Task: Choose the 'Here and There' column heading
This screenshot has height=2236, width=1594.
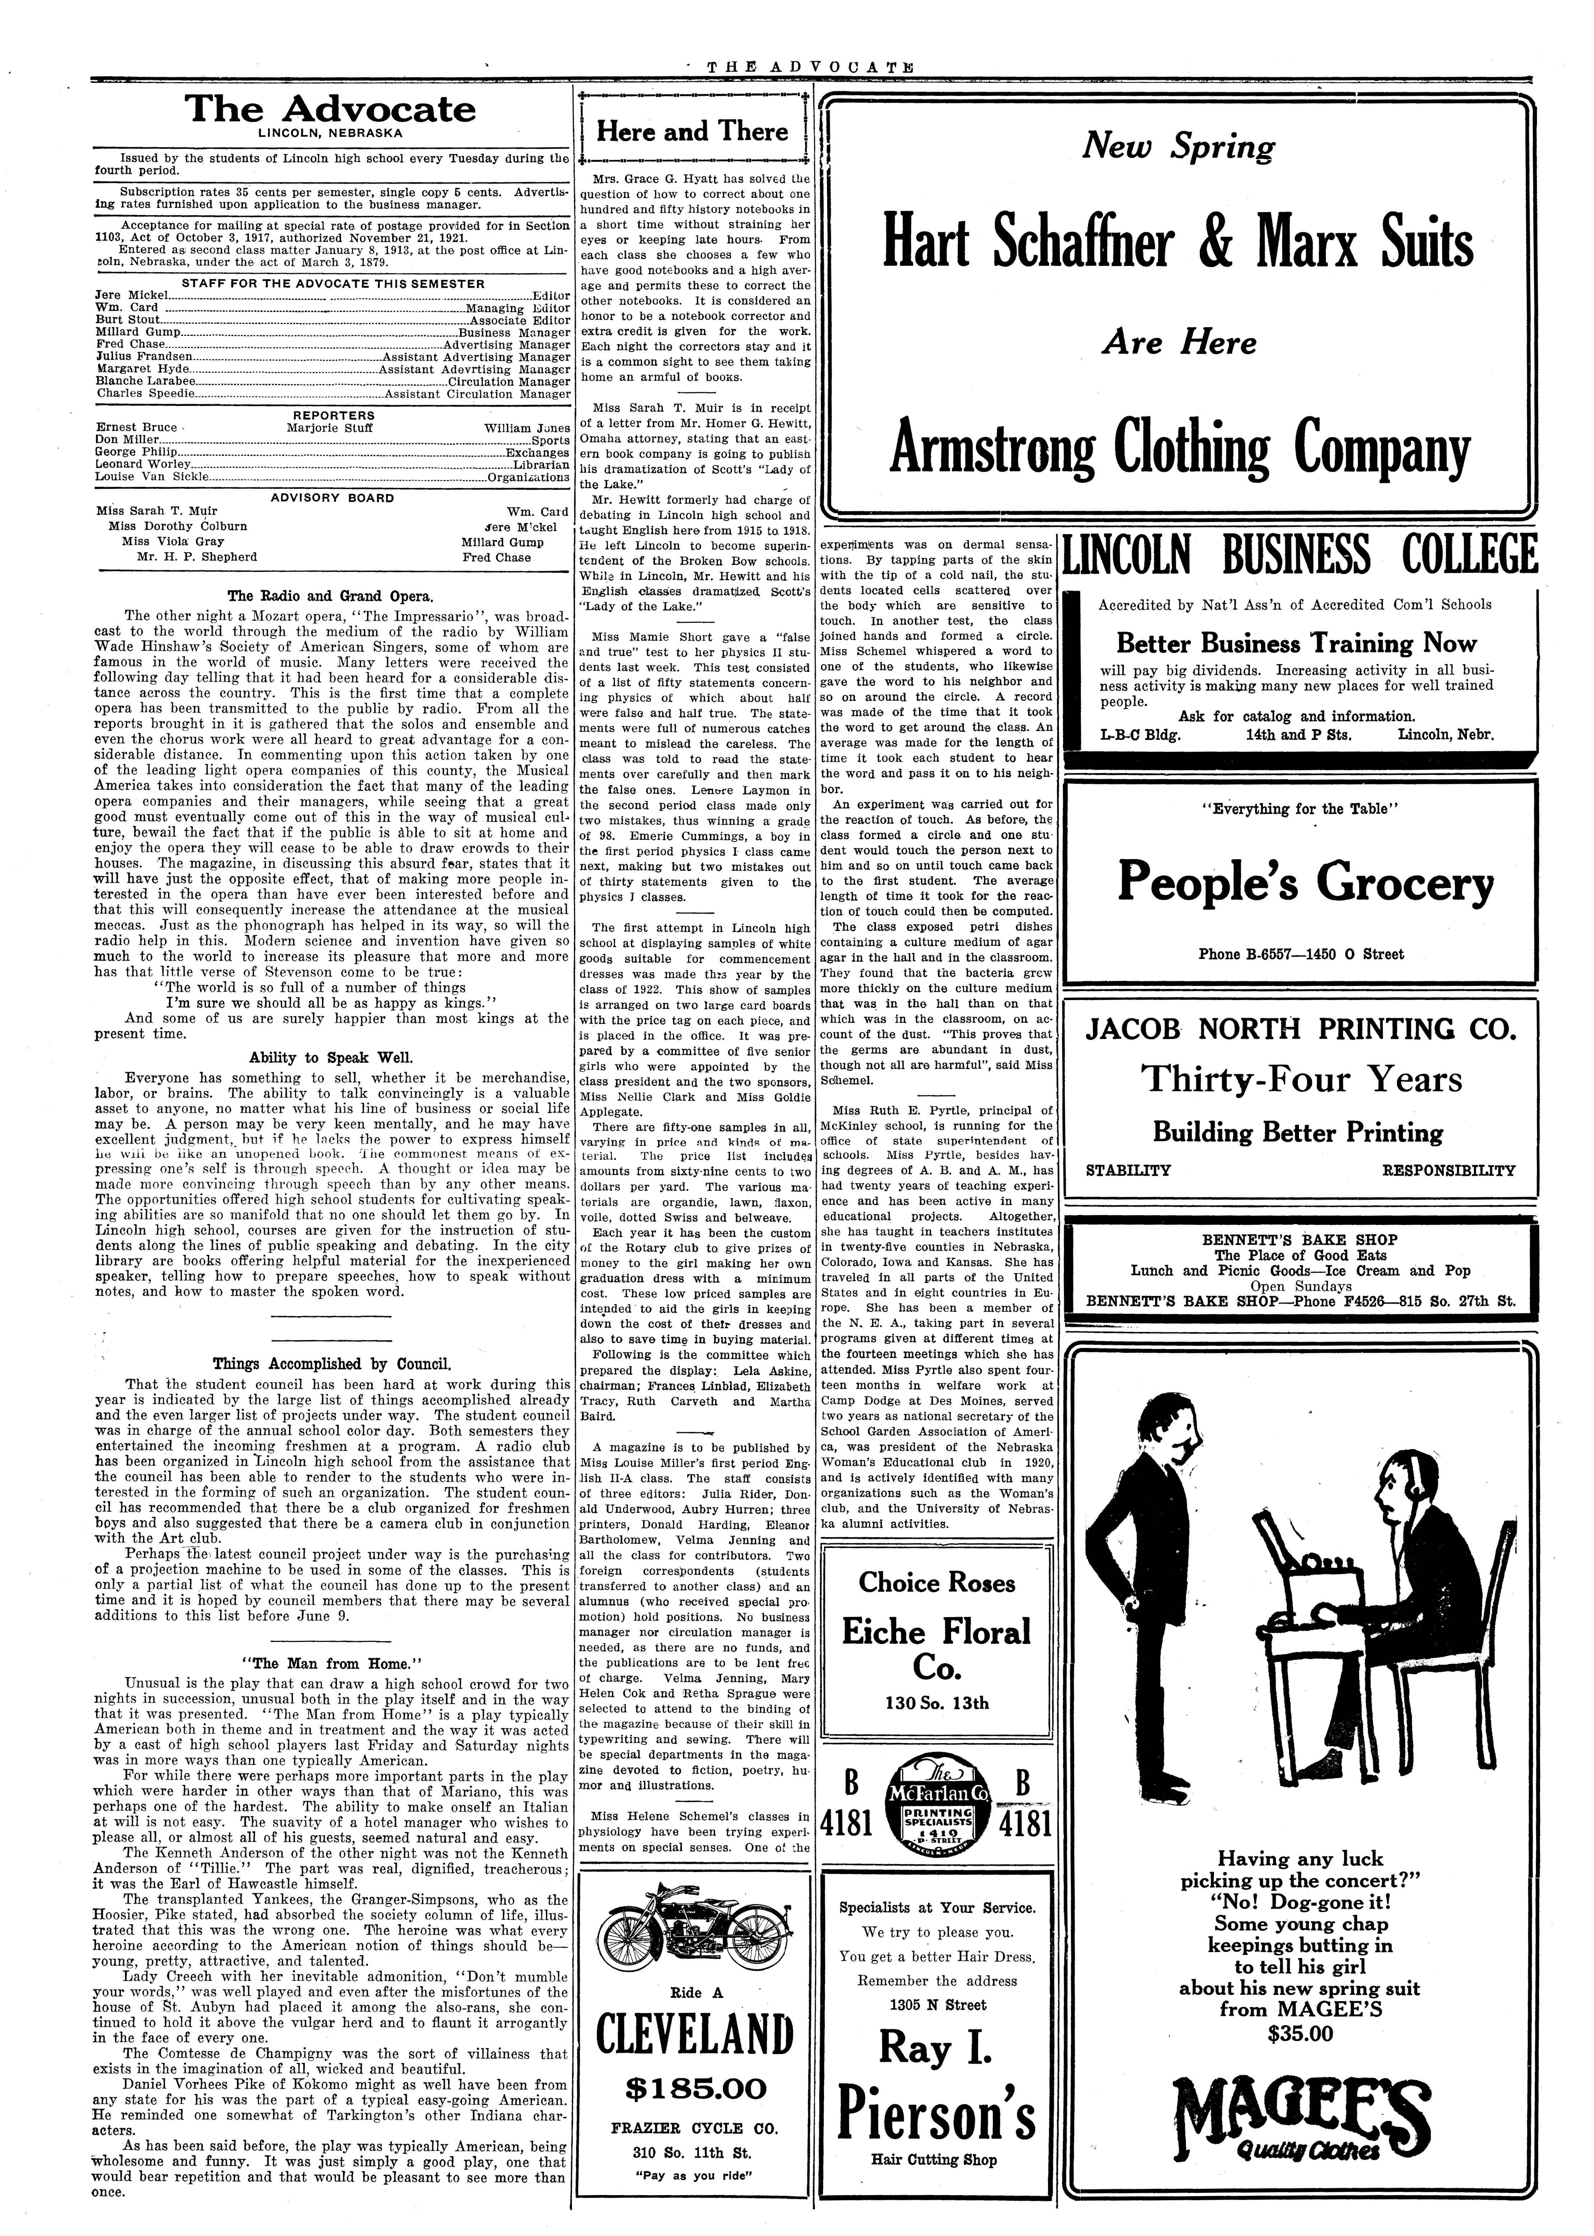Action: [693, 131]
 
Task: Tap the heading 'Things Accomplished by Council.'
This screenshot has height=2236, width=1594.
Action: [331, 1363]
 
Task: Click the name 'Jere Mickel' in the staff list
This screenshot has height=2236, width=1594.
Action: [131, 294]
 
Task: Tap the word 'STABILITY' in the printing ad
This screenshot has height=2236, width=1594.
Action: [1128, 1170]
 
